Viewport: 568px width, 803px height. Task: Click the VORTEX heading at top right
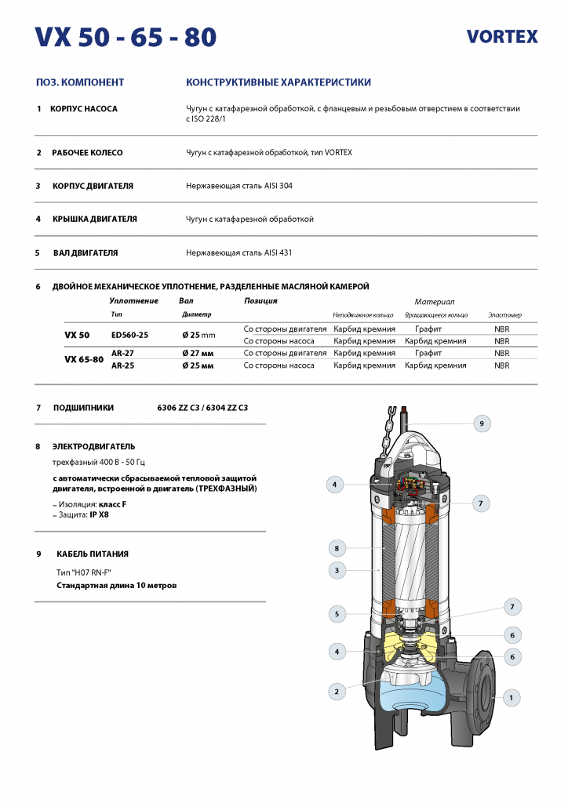tap(502, 36)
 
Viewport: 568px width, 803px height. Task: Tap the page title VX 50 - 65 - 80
tap(126, 36)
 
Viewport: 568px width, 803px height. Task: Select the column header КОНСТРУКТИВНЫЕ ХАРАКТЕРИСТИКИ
tap(279, 82)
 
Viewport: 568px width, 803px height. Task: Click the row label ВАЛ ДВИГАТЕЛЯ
tap(85, 253)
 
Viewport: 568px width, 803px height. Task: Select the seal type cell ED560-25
tap(129, 335)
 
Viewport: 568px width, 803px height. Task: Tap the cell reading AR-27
tap(122, 354)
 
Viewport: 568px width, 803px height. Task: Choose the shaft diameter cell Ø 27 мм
tap(198, 354)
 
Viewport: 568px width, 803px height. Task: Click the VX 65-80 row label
tap(84, 360)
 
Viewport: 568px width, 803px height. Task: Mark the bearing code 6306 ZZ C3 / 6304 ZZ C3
tap(203, 408)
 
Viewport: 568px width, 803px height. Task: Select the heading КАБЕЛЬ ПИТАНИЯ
tap(90, 554)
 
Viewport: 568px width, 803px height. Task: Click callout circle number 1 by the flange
tap(511, 696)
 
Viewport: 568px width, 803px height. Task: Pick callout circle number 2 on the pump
tap(337, 691)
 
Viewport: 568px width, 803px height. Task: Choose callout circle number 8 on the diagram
tap(337, 547)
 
